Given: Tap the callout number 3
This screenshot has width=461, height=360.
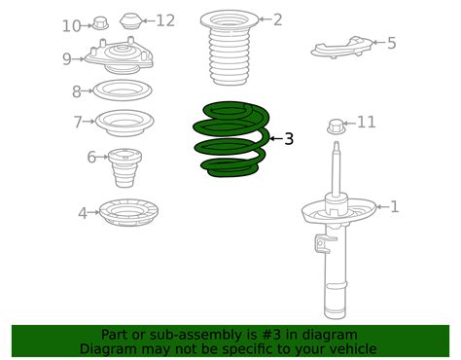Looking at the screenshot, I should click(x=289, y=139).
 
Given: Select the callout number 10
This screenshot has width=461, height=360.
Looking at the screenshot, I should click(x=71, y=26).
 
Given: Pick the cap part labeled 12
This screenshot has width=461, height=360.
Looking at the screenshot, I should click(x=131, y=20).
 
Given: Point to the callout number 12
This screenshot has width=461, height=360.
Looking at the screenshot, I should click(x=165, y=20).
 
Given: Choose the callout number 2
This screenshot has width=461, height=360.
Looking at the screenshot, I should click(x=278, y=19).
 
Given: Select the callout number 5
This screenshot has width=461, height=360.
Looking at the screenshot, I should click(x=391, y=43).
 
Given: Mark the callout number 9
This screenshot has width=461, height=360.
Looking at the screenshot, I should click(x=67, y=59).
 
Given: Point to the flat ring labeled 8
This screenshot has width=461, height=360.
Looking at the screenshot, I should click(x=121, y=91).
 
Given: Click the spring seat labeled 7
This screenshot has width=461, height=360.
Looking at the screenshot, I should click(x=124, y=123).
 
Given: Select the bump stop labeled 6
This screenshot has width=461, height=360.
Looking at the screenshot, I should click(x=124, y=166).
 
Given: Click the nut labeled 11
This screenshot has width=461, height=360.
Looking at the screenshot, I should click(x=337, y=125).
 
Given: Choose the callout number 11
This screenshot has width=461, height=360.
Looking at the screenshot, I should click(x=366, y=122).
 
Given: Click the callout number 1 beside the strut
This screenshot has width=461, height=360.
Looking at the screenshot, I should click(x=394, y=206).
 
